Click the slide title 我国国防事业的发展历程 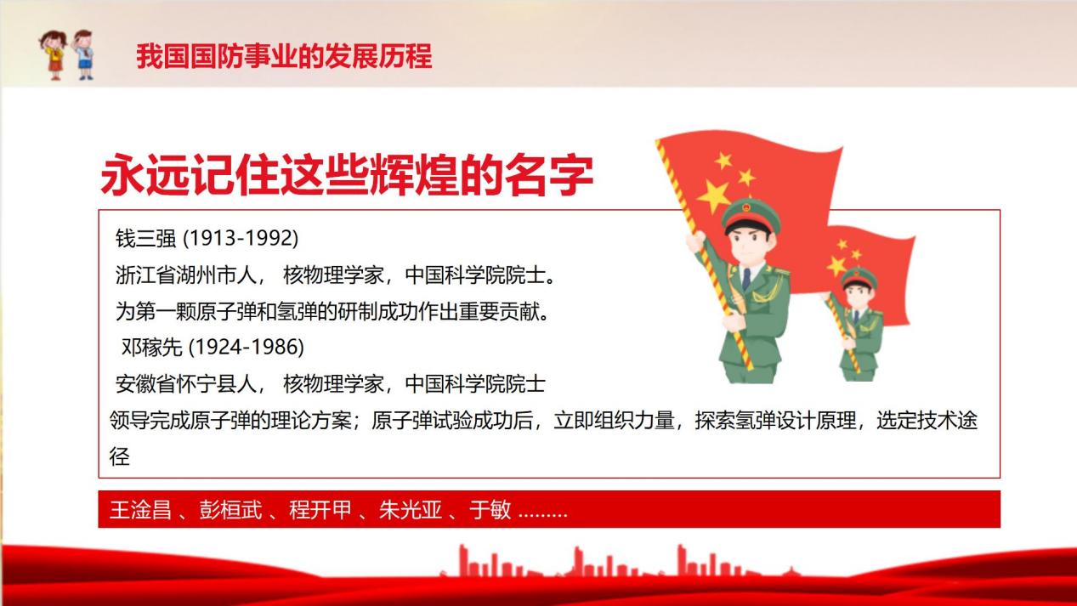[284, 56]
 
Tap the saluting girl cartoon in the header [54, 55]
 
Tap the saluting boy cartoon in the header [83, 54]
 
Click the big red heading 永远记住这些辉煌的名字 [347, 175]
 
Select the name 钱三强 [145, 238]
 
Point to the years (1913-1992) [241, 238]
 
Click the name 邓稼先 [151, 347]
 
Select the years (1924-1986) [247, 347]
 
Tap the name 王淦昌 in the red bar [140, 509]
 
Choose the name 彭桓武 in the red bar [230, 509]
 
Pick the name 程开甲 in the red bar [320, 509]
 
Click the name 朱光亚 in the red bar [410, 509]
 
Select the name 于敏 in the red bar [490, 509]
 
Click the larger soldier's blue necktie [746, 280]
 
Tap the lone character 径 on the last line [119, 456]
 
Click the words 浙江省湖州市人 [186, 275]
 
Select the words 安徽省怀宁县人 [186, 384]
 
